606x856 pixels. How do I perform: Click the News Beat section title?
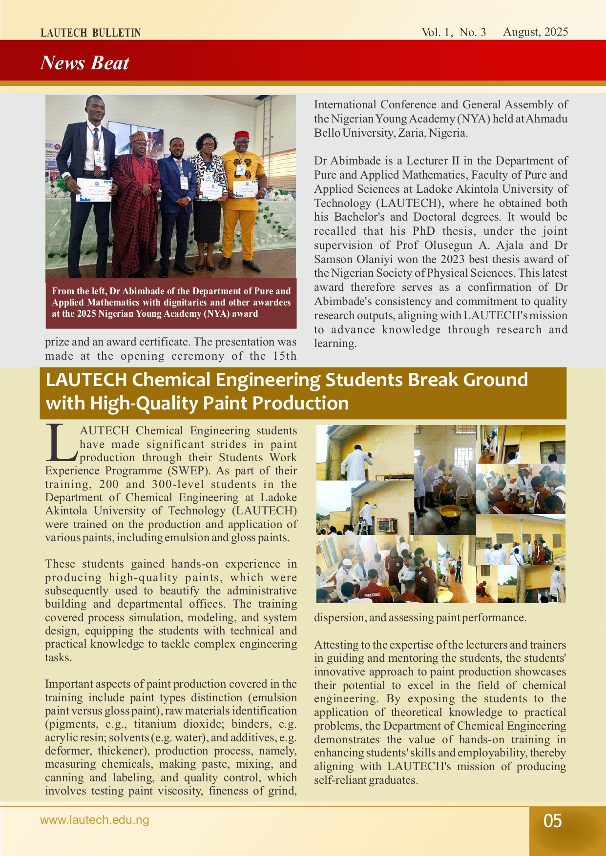[84, 63]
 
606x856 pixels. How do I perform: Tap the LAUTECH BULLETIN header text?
[90, 33]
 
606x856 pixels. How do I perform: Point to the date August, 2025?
[535, 32]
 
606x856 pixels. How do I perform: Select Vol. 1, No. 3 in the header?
[454, 32]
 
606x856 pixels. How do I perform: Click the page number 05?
[553, 821]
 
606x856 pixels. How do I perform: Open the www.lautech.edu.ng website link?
[94, 820]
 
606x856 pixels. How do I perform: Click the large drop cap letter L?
[61, 443]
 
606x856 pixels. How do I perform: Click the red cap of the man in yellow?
[242, 135]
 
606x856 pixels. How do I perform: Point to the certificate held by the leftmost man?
[94, 190]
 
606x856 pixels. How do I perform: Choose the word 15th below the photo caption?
[285, 356]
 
